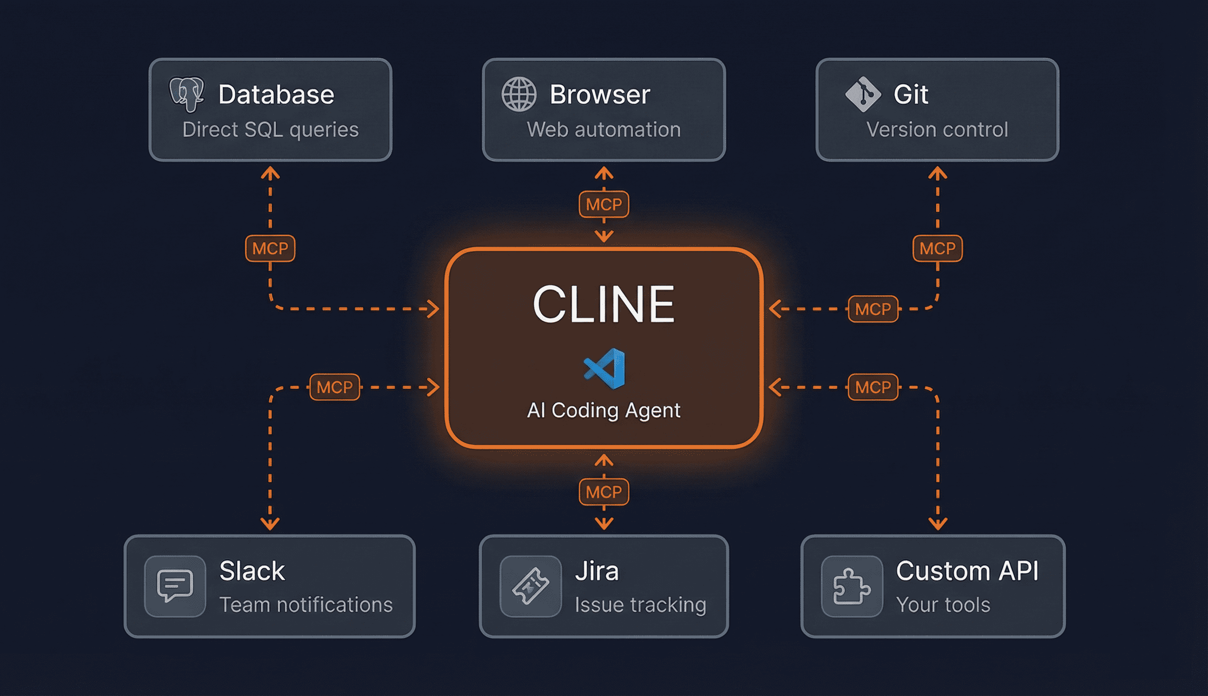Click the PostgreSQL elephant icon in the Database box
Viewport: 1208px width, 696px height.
point(187,94)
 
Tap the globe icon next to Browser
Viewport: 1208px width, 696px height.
point(519,94)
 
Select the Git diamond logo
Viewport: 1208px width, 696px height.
point(863,94)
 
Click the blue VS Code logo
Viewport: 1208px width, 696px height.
point(605,368)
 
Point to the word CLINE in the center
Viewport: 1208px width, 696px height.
point(604,304)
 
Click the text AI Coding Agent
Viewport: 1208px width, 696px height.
point(604,410)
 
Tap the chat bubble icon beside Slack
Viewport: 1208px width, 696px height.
point(175,585)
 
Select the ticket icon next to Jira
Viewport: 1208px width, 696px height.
point(530,585)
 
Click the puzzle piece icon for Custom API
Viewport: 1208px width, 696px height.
point(852,585)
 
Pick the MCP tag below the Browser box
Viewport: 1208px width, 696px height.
point(604,205)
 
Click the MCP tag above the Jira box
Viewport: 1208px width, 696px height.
point(604,492)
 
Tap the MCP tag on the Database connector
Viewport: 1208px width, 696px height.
point(270,248)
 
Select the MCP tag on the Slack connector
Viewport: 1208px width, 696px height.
point(334,387)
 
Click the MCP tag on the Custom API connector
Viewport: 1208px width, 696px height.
point(873,387)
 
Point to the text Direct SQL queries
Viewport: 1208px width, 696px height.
point(270,130)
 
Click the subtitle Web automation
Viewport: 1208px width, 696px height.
point(604,130)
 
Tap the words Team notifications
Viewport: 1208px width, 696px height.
point(306,605)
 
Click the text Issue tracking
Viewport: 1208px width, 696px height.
point(640,605)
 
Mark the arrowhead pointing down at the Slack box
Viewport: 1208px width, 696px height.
point(270,524)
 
